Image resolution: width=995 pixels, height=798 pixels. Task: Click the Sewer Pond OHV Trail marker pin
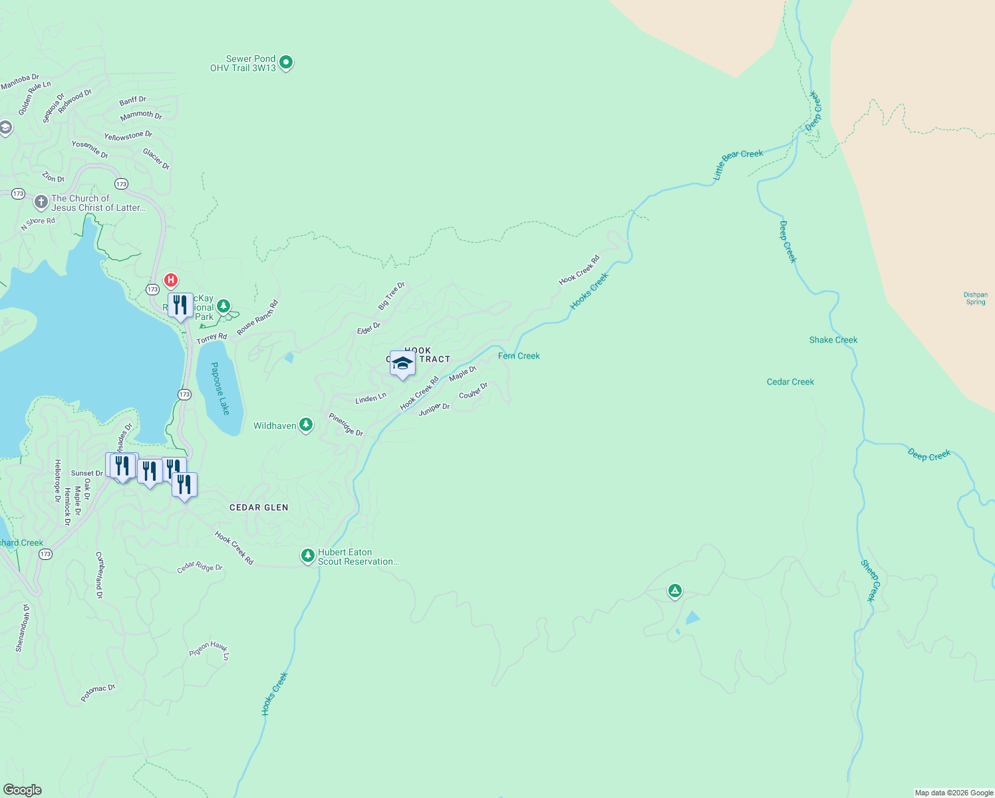point(286,63)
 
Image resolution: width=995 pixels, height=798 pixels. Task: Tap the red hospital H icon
point(171,280)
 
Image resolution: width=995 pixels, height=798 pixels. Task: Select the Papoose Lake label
point(220,388)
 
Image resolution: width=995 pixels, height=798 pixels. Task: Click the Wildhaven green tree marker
point(306,424)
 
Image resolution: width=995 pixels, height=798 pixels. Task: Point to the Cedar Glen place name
point(259,507)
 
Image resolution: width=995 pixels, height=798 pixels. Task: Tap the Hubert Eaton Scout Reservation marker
point(307,555)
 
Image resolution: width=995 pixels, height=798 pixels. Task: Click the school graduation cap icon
point(402,363)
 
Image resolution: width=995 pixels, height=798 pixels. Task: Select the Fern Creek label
point(519,356)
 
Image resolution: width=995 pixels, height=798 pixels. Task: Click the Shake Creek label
point(833,340)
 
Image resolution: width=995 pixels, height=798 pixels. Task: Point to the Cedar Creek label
point(790,382)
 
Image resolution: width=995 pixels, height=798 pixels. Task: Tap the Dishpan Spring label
point(976,299)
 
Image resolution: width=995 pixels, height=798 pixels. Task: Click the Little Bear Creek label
point(738,163)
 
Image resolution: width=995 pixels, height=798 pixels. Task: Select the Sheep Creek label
point(871,581)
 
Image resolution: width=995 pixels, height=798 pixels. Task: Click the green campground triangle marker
point(674,591)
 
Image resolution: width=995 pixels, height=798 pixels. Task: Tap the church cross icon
point(41,201)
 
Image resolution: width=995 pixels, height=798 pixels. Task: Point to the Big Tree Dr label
point(391,296)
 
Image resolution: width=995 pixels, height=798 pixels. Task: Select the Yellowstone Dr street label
point(128,136)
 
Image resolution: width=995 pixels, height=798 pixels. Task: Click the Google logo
point(22,790)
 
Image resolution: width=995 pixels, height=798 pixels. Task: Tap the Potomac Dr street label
point(98,692)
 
